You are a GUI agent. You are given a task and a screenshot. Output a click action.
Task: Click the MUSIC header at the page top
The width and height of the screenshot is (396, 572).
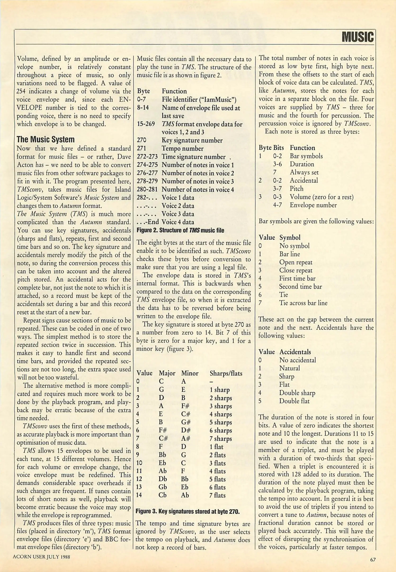click(358, 37)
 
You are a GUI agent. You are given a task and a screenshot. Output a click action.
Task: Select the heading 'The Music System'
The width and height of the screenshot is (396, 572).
click(46, 140)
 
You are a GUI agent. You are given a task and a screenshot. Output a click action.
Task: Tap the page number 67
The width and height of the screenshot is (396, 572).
click(373, 560)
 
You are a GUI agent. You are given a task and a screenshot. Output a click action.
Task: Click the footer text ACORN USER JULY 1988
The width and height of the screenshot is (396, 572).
click(42, 557)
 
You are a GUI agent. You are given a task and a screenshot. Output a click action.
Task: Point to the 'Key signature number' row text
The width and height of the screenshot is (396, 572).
click(192, 140)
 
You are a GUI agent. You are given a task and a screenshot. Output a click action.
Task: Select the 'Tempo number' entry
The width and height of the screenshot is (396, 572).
click(183, 149)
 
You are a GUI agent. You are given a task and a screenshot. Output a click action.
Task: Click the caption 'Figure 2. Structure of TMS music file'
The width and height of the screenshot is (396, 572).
click(180, 230)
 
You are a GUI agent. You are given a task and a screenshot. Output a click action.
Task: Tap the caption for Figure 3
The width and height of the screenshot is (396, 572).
click(188, 511)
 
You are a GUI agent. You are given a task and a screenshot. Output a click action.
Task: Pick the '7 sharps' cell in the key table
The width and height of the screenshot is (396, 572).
click(221, 439)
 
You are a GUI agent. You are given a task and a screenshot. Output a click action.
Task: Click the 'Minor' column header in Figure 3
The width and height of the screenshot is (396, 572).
click(190, 373)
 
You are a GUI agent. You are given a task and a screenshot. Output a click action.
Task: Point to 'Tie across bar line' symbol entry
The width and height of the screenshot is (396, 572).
click(303, 303)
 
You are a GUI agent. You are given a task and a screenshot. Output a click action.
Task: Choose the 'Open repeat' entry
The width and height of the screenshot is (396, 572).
click(296, 262)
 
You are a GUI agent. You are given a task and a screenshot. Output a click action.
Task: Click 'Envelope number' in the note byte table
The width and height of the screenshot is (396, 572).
click(313, 205)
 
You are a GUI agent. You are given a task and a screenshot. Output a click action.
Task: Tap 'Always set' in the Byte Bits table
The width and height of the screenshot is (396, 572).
click(304, 172)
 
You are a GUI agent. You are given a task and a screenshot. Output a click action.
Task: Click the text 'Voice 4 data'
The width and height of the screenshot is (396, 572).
click(178, 222)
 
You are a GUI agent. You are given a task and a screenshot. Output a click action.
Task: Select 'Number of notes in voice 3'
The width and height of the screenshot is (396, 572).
click(198, 181)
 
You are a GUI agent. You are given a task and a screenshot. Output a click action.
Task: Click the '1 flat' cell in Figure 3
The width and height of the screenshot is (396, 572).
click(216, 447)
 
